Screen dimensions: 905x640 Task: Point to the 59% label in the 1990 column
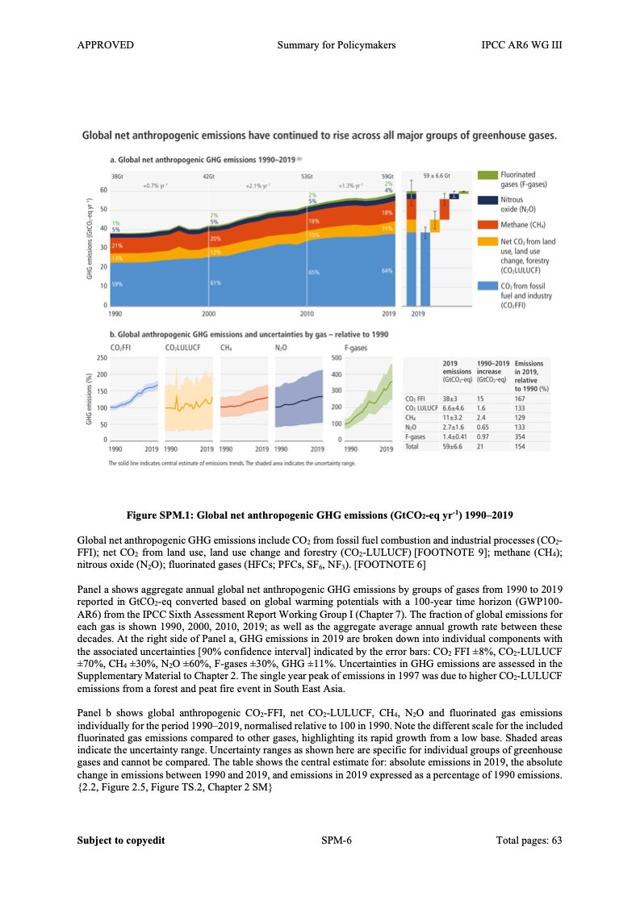pyautogui.click(x=116, y=284)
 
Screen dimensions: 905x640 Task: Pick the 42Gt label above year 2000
pyautogui.click(x=207, y=175)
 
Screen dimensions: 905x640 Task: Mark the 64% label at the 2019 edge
pyautogui.click(x=387, y=271)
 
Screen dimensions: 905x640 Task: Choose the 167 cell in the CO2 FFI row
pyautogui.click(x=521, y=398)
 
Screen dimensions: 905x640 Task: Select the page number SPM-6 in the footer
pyautogui.click(x=336, y=840)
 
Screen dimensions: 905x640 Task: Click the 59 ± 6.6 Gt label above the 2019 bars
pyautogui.click(x=437, y=175)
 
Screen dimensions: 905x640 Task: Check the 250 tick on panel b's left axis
pyautogui.click(x=102, y=357)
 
